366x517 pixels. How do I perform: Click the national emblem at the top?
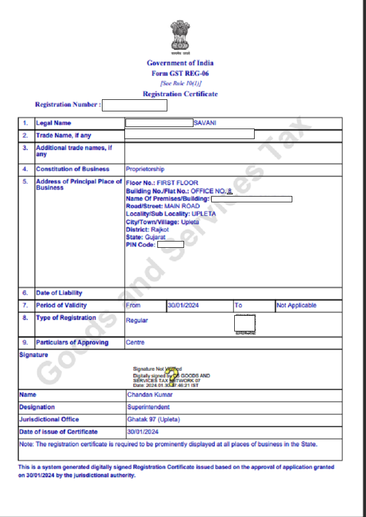click(x=180, y=37)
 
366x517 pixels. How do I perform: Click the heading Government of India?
click(x=180, y=63)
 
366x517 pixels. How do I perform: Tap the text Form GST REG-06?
click(x=180, y=73)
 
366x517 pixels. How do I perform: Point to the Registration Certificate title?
click(x=180, y=94)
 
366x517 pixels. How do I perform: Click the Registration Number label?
click(x=67, y=105)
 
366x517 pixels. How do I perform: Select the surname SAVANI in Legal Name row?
click(x=205, y=123)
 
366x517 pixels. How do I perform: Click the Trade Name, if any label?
click(x=63, y=135)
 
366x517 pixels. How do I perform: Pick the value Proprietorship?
click(x=145, y=169)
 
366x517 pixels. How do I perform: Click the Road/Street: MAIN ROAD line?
click(x=163, y=206)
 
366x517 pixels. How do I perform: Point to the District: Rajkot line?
click(x=147, y=229)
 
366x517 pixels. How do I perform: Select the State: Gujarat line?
click(x=146, y=237)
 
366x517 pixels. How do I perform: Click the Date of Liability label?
click(x=59, y=293)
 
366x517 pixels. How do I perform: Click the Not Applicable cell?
click(x=296, y=306)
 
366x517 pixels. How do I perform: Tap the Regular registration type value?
click(x=137, y=320)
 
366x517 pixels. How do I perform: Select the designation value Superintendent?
click(x=148, y=407)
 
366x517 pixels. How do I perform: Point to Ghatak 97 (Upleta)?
click(x=151, y=419)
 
